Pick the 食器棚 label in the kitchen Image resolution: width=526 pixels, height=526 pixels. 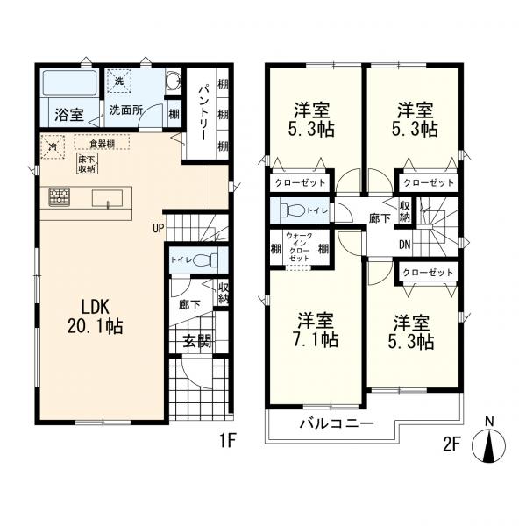point(99,142)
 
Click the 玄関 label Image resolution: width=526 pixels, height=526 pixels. point(196,342)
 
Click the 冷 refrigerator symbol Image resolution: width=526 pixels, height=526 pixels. point(53,147)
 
